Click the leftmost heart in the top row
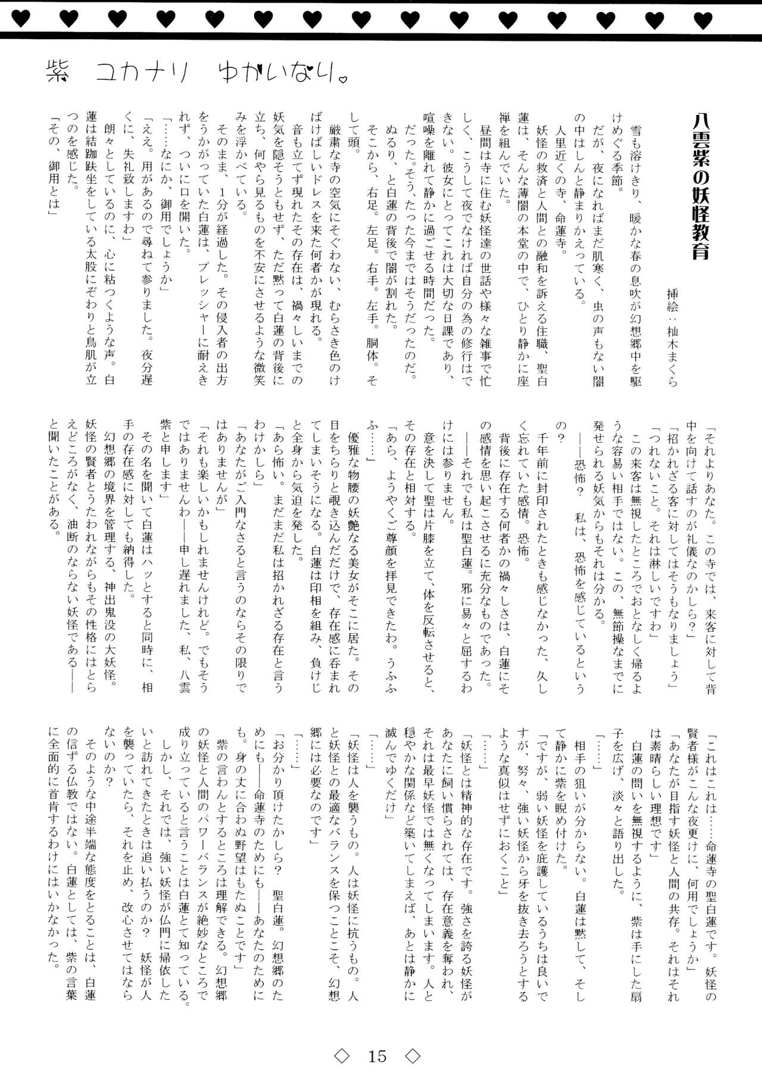point(20,20)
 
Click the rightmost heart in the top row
point(703,20)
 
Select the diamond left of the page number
point(342,1056)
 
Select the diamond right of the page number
point(413,1056)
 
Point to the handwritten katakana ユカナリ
point(142,73)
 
